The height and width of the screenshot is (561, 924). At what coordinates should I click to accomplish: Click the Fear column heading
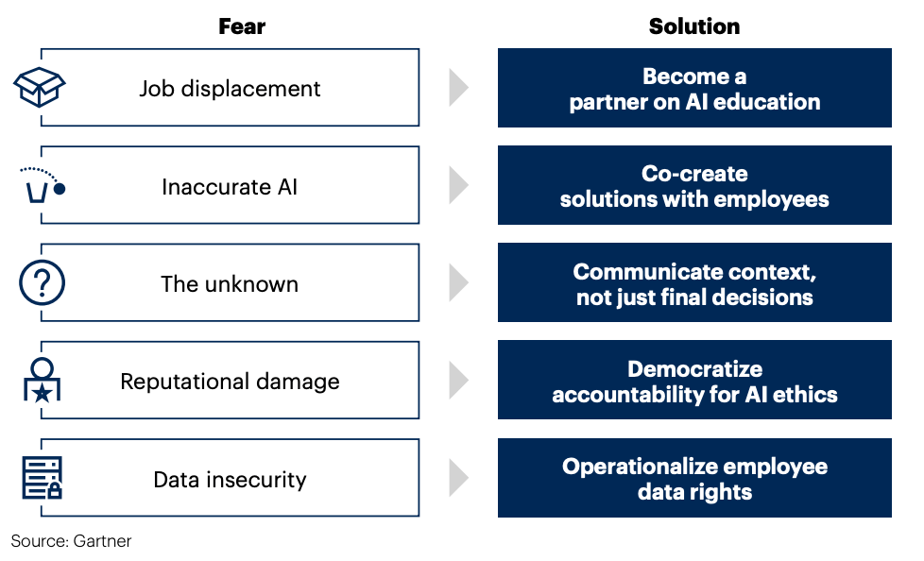point(242,26)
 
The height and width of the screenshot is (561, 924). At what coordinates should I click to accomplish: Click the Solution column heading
point(694,26)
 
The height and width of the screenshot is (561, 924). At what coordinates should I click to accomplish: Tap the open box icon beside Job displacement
point(40,87)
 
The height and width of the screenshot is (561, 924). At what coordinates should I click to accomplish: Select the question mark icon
point(42,282)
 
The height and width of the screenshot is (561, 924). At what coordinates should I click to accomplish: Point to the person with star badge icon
point(42,380)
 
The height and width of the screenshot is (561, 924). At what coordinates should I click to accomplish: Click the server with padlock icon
point(42,478)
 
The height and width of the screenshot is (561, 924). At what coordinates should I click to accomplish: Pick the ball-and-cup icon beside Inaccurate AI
point(43,185)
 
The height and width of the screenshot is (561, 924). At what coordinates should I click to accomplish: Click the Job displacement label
point(230,89)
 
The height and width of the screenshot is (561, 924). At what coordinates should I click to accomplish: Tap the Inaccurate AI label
point(230,187)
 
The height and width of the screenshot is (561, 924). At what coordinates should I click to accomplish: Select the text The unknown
point(230,284)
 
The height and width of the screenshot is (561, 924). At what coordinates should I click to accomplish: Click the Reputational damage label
point(230,382)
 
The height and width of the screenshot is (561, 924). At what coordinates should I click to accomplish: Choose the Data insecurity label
point(230,480)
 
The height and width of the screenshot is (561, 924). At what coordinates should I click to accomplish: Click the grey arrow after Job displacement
point(458,88)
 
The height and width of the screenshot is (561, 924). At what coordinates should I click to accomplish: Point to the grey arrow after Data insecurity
point(458,478)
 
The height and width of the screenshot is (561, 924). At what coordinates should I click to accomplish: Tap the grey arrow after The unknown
point(458,282)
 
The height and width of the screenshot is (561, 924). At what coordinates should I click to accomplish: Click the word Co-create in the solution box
point(694,174)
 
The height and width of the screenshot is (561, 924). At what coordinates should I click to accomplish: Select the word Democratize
point(694,369)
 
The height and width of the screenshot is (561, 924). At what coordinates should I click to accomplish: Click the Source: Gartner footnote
point(71,541)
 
